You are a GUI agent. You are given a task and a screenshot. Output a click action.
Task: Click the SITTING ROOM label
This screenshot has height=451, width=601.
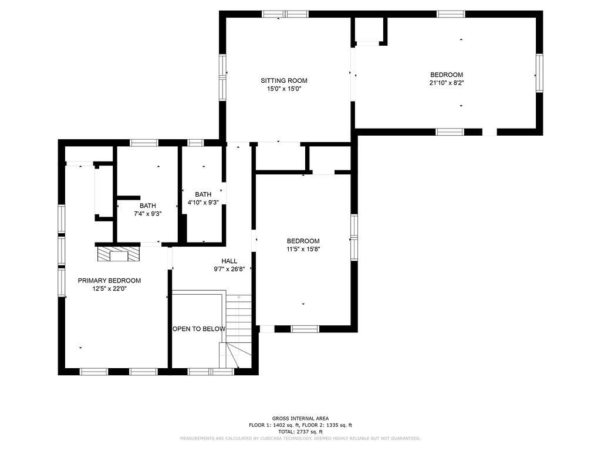[284, 80]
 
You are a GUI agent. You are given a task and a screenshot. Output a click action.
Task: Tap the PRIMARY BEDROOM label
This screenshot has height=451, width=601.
[109, 281]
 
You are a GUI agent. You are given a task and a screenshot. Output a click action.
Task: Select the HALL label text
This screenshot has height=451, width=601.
[229, 261]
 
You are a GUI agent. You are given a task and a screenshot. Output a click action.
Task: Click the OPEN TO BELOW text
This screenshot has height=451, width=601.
[199, 329]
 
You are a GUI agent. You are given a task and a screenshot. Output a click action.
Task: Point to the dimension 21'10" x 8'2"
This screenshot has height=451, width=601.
[447, 83]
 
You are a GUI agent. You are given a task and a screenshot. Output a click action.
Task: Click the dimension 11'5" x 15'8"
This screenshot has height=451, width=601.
[303, 249]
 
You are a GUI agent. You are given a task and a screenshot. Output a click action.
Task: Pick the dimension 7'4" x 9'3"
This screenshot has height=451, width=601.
[147, 214]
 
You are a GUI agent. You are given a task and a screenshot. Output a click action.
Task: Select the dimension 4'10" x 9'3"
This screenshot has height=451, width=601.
[202, 203]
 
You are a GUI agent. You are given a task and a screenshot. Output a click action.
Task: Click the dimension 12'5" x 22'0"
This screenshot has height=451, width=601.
[109, 289]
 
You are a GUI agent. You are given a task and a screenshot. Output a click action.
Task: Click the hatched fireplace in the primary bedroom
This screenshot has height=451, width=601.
[119, 254]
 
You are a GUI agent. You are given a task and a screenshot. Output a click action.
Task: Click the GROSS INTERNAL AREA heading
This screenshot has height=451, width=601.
[300, 418]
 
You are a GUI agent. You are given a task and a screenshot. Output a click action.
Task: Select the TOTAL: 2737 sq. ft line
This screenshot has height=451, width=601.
[300, 432]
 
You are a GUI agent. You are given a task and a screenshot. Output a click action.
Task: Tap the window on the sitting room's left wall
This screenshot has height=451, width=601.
[222, 78]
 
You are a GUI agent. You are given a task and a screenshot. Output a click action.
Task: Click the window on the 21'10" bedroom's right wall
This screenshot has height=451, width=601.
[540, 73]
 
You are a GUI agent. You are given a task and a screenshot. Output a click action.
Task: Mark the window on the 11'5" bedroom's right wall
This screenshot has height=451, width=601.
[354, 238]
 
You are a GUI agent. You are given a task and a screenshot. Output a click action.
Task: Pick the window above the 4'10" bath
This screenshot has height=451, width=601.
[195, 143]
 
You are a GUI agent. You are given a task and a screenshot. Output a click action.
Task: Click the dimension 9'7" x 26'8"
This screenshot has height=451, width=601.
[229, 269]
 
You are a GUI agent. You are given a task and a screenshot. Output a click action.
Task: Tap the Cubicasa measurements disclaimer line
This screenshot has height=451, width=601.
[300, 438]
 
